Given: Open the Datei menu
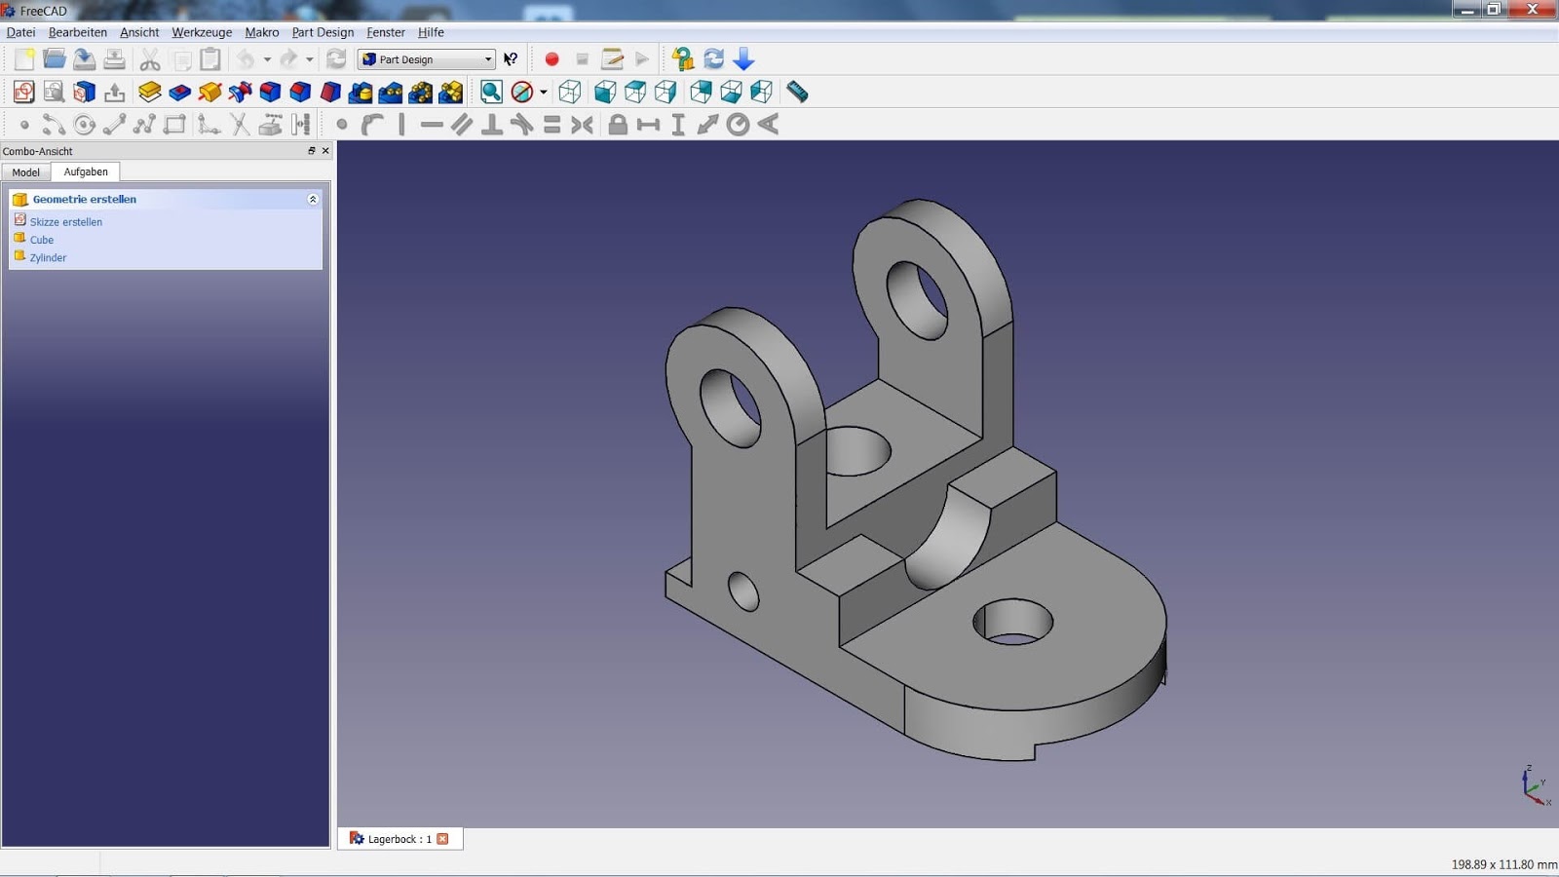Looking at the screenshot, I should pos(20,32).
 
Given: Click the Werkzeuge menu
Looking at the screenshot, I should pos(202,32).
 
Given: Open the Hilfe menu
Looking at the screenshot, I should pos(431,32).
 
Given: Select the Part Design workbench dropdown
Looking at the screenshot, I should pos(427,59).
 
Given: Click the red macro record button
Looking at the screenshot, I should pos(551,59).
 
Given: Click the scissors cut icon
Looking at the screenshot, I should pos(150,59).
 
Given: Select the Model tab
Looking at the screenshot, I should pos(26,172).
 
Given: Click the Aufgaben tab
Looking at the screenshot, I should pos(86,172).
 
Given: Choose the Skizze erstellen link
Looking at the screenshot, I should pos(66,222).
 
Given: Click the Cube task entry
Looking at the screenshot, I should pos(42,240).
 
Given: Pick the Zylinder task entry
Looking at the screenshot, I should pos(48,258).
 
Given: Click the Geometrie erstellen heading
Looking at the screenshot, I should pos(85,199).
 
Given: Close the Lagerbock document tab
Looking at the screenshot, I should pos(443,839).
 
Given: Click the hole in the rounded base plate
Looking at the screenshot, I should pos(1013,622).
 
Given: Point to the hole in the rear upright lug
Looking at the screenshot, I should pos(917,299).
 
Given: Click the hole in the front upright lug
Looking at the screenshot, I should pos(731,408).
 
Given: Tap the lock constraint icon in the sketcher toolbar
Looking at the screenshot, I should pos(618,125).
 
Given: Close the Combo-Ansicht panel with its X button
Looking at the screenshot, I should pos(325,151).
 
